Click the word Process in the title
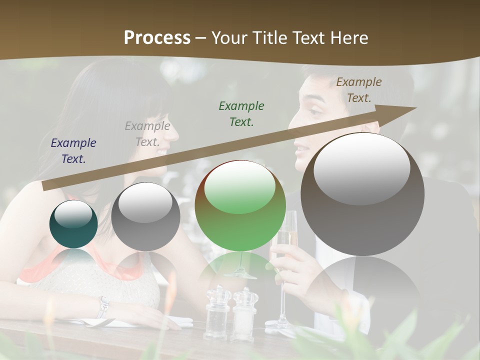pyautogui.click(x=157, y=37)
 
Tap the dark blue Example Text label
pyautogui.click(x=73, y=150)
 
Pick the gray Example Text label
pyautogui.click(x=147, y=134)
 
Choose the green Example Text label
pyautogui.click(x=241, y=113)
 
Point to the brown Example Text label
pyautogui.click(x=359, y=89)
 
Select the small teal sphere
pyautogui.click(x=73, y=224)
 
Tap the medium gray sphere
pyautogui.click(x=145, y=216)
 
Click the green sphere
pyautogui.click(x=240, y=205)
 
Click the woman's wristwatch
pyautogui.click(x=103, y=306)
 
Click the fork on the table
pyautogui.click(x=95, y=322)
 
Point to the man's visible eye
pyautogui.click(x=313, y=110)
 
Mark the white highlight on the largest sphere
pyautogui.click(x=361, y=168)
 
